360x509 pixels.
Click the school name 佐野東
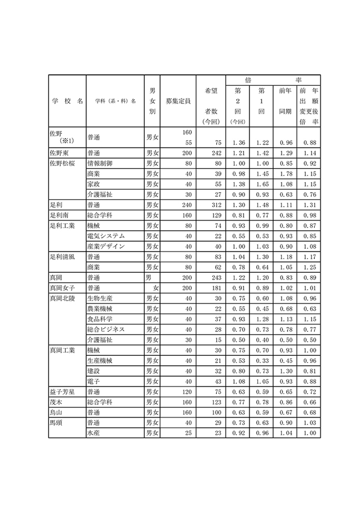click(x=60, y=153)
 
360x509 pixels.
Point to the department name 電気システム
click(x=106, y=236)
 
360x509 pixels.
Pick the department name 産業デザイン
click(x=106, y=246)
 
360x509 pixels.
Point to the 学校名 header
click(x=67, y=101)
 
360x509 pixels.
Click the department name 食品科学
click(x=100, y=319)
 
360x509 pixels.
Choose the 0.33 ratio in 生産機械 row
click(x=261, y=361)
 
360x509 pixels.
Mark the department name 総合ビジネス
click(x=106, y=330)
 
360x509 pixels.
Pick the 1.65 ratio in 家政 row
click(x=261, y=184)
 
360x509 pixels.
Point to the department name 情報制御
click(x=100, y=164)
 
